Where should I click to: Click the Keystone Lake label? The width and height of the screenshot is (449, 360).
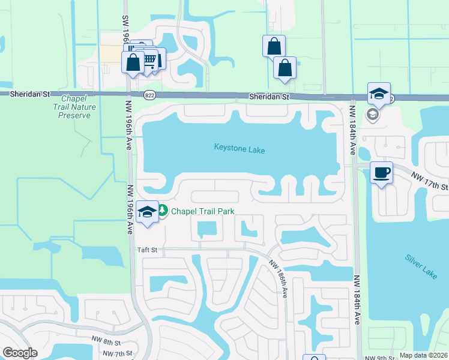click(240, 149)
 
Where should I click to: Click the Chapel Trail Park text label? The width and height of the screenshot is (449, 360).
click(202, 211)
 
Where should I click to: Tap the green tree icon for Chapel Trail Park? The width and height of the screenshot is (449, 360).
click(163, 211)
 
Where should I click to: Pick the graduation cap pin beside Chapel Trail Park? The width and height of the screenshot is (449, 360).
click(147, 212)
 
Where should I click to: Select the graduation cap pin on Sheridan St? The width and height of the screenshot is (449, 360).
click(379, 94)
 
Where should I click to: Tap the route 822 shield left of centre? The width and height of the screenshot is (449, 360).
click(150, 95)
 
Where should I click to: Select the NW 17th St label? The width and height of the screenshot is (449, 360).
click(430, 181)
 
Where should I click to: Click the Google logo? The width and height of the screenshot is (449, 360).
click(20, 352)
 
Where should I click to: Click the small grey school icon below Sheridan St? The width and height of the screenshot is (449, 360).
click(372, 114)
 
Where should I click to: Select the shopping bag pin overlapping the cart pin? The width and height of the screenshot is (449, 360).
click(133, 62)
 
